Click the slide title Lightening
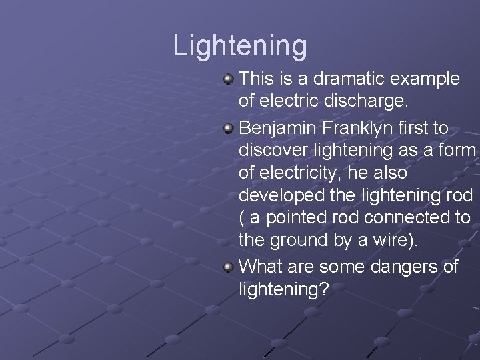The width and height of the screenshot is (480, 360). [240, 46]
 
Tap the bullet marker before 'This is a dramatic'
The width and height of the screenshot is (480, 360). [229, 79]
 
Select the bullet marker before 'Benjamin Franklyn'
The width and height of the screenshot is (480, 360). [229, 127]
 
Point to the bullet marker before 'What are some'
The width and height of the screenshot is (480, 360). [229, 267]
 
